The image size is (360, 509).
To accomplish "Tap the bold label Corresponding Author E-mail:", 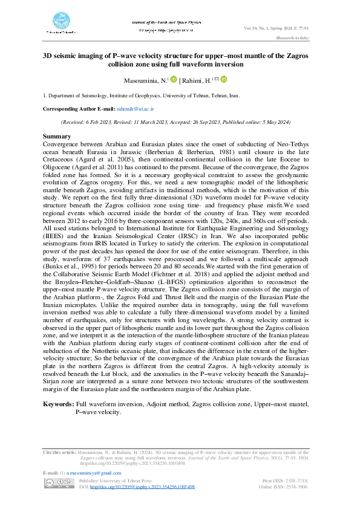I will pyautogui.click(x=77, y=108).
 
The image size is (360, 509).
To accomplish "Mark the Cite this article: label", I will pyautogui.click(x=59, y=452).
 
